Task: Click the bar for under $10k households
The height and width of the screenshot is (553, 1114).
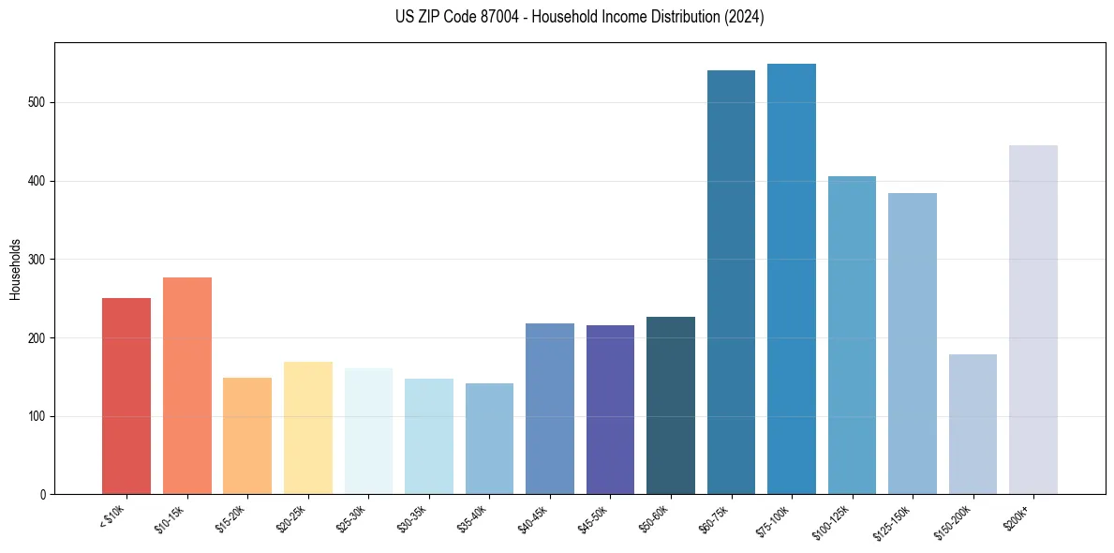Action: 126,396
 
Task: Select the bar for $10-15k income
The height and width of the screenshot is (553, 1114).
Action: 186,385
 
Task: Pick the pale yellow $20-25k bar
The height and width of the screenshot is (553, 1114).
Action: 307,427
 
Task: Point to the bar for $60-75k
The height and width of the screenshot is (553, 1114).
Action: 731,282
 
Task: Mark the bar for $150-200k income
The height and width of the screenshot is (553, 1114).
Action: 973,424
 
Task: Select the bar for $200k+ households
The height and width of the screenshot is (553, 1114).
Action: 1033,320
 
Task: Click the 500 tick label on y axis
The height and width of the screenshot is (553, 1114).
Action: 37,102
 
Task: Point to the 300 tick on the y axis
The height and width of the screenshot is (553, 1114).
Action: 37,260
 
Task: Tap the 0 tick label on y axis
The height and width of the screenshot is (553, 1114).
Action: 43,495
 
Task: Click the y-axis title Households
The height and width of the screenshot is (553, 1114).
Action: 15,268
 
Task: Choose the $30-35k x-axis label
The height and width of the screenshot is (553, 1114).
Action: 412,517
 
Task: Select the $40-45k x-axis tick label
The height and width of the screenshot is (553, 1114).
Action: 533,517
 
